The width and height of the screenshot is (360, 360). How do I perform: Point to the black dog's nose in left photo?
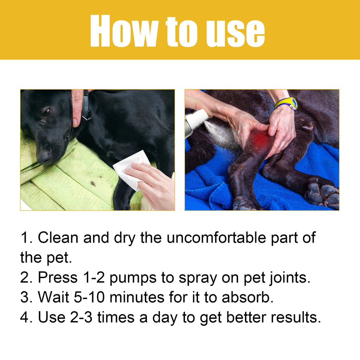point(44,156)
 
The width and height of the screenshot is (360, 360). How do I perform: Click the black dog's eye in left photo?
point(46,112)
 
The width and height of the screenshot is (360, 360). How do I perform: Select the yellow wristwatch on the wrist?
point(287,103)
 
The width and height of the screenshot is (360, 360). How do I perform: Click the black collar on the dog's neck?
point(85,105)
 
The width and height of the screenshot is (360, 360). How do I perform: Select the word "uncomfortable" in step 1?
point(220,238)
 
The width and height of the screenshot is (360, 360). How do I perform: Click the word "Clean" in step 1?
point(58,238)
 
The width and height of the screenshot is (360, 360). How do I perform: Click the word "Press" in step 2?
point(57,278)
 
